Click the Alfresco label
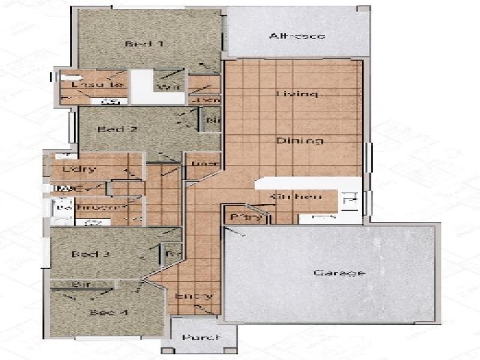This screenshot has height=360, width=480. tap(297, 36)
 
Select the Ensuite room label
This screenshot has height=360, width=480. tap(97, 85)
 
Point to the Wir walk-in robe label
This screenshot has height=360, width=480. tap(165, 88)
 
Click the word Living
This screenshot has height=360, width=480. tap(296, 94)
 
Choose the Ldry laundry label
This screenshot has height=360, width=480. tap(79, 169)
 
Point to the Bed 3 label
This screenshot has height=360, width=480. tap(90, 254)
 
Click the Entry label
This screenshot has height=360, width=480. tap(194, 296)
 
